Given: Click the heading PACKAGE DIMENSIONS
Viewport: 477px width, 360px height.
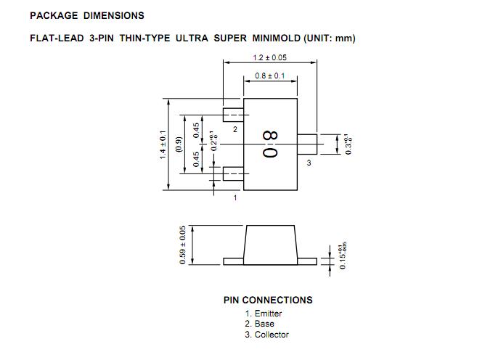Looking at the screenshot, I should (87, 15).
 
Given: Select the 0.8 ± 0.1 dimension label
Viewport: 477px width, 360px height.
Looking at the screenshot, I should (270, 76).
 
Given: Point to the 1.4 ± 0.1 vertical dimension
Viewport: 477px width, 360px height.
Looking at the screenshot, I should (163, 145).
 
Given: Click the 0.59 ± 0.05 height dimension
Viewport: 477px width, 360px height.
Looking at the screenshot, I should (182, 244).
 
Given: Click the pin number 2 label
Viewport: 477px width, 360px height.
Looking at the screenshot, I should (235, 128).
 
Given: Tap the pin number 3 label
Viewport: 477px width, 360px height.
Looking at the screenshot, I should (309, 163).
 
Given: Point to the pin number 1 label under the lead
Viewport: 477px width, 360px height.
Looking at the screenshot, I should (235, 197).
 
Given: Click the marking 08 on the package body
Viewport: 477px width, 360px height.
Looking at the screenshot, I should (269, 144).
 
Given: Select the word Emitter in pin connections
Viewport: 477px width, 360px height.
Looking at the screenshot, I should (268, 314).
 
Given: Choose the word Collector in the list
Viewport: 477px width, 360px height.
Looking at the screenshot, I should (272, 335).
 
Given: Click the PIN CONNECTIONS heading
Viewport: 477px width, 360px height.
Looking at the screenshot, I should (268, 300).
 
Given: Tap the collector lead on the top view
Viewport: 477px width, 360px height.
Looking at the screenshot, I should (307, 144).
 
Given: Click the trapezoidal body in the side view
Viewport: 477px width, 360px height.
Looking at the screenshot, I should (270, 243).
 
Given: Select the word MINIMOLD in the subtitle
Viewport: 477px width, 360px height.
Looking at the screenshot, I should (275, 38).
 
